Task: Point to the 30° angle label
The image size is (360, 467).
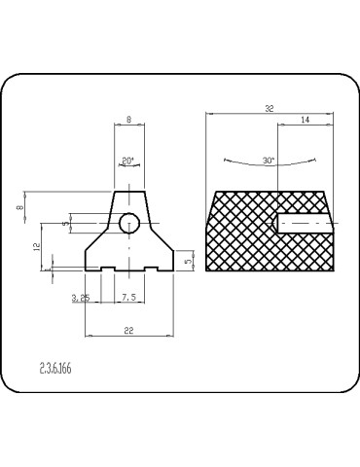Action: click(270, 160)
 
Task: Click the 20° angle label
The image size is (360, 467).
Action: click(127, 160)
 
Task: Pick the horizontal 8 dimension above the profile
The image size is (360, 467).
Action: click(129, 121)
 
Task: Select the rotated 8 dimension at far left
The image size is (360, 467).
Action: click(20, 206)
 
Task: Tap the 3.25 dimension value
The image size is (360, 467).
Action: click(81, 298)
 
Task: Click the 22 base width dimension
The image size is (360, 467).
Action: click(128, 331)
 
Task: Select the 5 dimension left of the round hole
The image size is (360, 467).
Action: click(65, 225)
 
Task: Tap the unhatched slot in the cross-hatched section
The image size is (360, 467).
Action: click(306, 224)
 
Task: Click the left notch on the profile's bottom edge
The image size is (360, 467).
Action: click(107, 268)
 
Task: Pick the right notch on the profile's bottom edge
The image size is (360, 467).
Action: click(151, 268)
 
